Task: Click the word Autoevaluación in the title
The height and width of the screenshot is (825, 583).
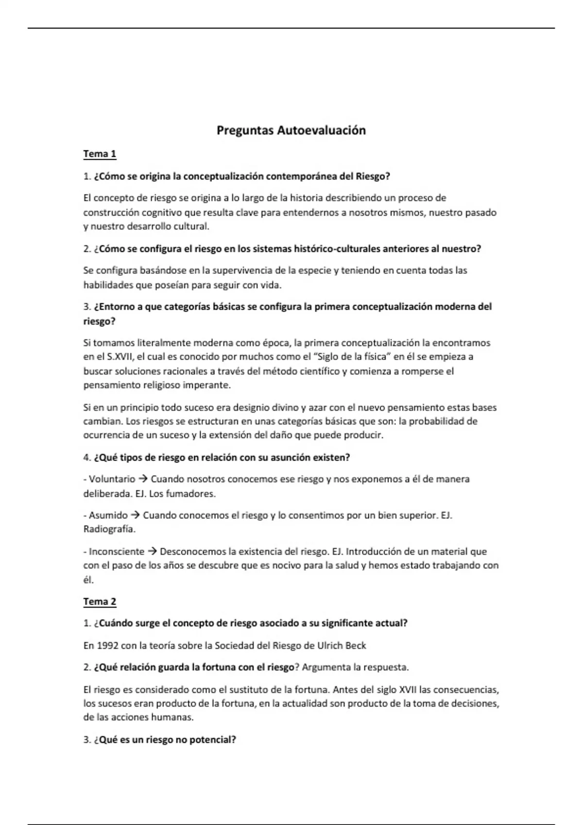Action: coord(321,131)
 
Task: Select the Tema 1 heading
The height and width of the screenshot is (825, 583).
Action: coord(100,154)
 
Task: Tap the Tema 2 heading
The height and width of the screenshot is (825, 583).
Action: coord(100,602)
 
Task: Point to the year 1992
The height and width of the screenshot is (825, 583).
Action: coord(107,646)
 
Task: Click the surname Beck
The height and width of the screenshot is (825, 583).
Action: coord(356,646)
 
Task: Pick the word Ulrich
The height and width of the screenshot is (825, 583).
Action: coord(330,646)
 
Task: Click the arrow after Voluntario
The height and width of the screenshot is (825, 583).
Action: coord(143,479)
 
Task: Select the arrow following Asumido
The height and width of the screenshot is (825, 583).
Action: coord(135,515)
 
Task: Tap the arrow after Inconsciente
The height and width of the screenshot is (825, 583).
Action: coord(152,552)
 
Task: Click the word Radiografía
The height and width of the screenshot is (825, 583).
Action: coord(109,529)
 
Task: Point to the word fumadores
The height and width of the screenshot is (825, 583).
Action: coord(190,494)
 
